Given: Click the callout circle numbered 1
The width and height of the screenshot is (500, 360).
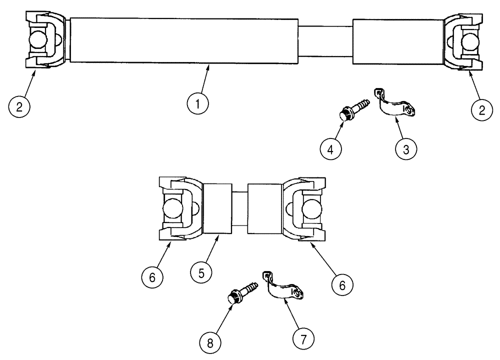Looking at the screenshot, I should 198,104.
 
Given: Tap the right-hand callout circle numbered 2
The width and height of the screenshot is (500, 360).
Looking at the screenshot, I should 481,110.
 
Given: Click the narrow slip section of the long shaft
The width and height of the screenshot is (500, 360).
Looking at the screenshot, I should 325,41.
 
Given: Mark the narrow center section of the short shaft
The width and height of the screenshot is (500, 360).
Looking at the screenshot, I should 240,208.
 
